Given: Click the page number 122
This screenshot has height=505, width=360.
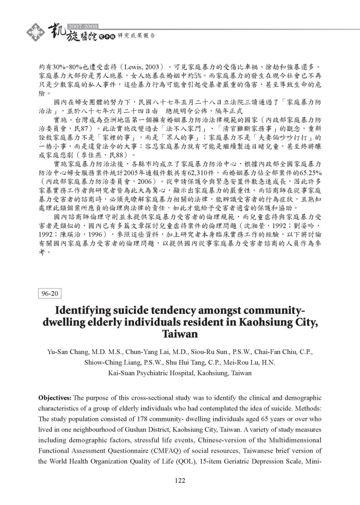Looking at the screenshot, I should pyautogui.click(x=179, y=481).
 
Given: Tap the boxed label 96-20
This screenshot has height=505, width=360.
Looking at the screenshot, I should pyautogui.click(x=51, y=293).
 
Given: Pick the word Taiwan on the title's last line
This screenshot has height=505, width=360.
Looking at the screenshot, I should pyautogui.click(x=179, y=334).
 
